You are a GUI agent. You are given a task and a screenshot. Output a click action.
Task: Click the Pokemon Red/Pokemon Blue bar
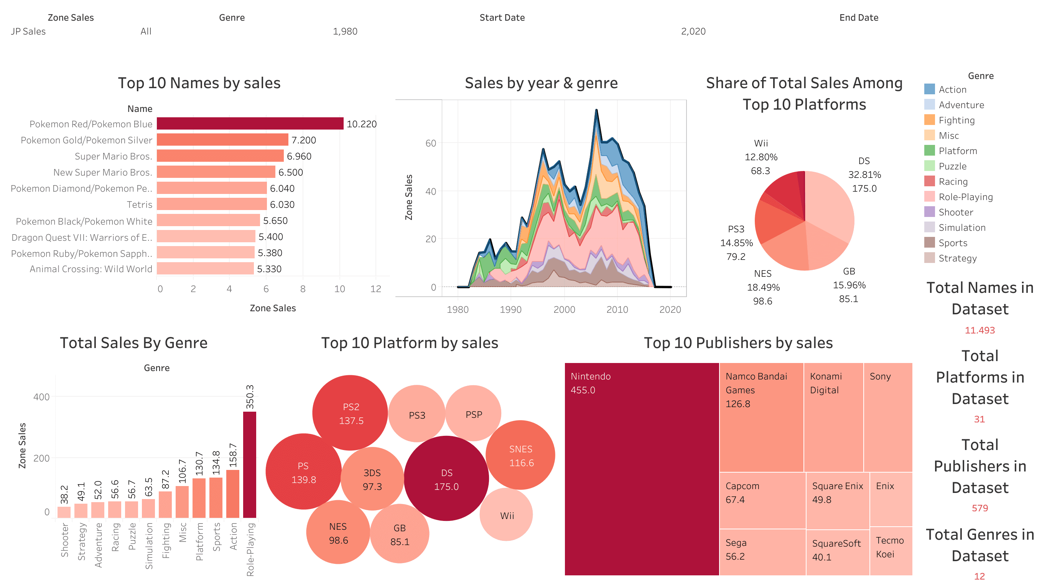[x=250, y=123]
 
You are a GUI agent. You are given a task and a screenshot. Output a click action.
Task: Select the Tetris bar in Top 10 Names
[x=211, y=204]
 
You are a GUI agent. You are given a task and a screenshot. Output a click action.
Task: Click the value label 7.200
[x=303, y=140]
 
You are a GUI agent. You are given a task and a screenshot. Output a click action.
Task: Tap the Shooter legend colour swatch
[x=929, y=212]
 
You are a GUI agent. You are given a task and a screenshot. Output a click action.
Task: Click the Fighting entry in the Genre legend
[x=956, y=120]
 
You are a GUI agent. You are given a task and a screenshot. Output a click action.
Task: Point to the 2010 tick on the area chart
[x=617, y=310]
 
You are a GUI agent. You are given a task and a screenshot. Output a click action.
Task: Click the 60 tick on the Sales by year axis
[x=430, y=143]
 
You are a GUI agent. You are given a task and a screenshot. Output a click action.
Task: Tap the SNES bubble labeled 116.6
[x=521, y=455]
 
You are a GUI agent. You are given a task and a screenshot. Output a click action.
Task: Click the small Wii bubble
[x=506, y=515]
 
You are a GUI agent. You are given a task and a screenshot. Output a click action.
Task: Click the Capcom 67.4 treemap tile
[x=762, y=500]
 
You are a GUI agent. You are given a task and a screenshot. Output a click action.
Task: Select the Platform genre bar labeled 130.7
[x=199, y=498]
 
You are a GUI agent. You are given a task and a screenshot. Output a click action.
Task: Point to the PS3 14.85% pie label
[x=736, y=243]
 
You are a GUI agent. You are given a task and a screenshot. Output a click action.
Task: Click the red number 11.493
[x=980, y=330]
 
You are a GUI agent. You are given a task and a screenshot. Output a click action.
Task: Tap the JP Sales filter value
[x=28, y=31]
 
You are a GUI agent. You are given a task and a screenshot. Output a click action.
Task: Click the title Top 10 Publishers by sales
[x=738, y=343]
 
